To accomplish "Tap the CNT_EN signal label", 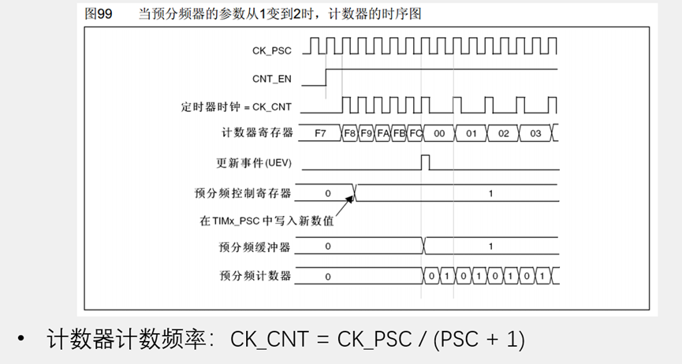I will [x=271, y=79].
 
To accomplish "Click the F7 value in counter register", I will [x=320, y=133].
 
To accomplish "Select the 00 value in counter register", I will [x=439, y=133].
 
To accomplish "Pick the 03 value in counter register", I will [x=535, y=133].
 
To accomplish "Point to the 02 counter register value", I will [x=503, y=133].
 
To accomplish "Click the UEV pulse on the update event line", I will [x=426, y=162].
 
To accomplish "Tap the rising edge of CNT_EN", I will [x=326, y=77].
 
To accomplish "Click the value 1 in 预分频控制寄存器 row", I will [x=490, y=193].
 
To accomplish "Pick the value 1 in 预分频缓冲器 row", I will [x=490, y=247].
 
